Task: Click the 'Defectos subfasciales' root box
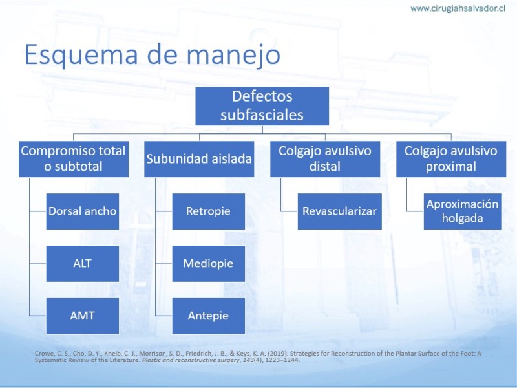(x=262, y=106)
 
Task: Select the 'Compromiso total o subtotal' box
(x=74, y=159)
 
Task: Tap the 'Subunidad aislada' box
(x=199, y=159)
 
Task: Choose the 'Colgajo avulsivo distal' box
(x=325, y=159)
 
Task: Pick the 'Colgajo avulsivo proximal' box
(x=451, y=159)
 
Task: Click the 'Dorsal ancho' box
(x=83, y=211)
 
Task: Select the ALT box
(x=83, y=264)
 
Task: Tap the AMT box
(x=83, y=316)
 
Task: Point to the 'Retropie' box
(x=208, y=211)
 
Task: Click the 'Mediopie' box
(x=208, y=264)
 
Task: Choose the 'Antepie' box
(x=208, y=316)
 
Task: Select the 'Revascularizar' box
(x=340, y=211)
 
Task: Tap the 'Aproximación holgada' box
(x=463, y=211)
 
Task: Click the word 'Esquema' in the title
(x=81, y=55)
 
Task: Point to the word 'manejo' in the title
(x=233, y=55)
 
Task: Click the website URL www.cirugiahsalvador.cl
(x=458, y=8)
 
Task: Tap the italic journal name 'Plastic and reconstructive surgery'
(x=191, y=360)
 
